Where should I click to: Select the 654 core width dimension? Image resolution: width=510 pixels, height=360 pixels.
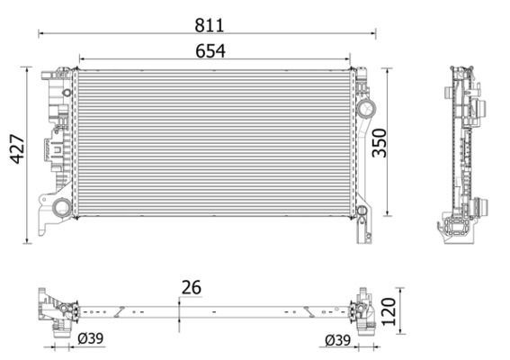(x=210, y=51)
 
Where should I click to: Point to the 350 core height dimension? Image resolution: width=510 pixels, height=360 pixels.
(x=380, y=141)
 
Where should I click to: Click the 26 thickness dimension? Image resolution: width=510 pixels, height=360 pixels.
(x=190, y=288)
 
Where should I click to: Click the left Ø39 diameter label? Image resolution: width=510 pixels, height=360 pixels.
(x=89, y=338)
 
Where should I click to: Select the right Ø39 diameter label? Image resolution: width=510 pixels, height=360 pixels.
(x=338, y=338)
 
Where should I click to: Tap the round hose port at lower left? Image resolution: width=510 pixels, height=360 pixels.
(x=61, y=209)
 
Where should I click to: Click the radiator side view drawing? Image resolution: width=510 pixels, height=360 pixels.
(x=463, y=153)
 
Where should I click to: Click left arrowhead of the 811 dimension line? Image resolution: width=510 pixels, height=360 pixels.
(x=40, y=33)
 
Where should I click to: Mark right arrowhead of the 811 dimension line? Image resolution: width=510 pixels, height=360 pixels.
(x=373, y=33)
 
